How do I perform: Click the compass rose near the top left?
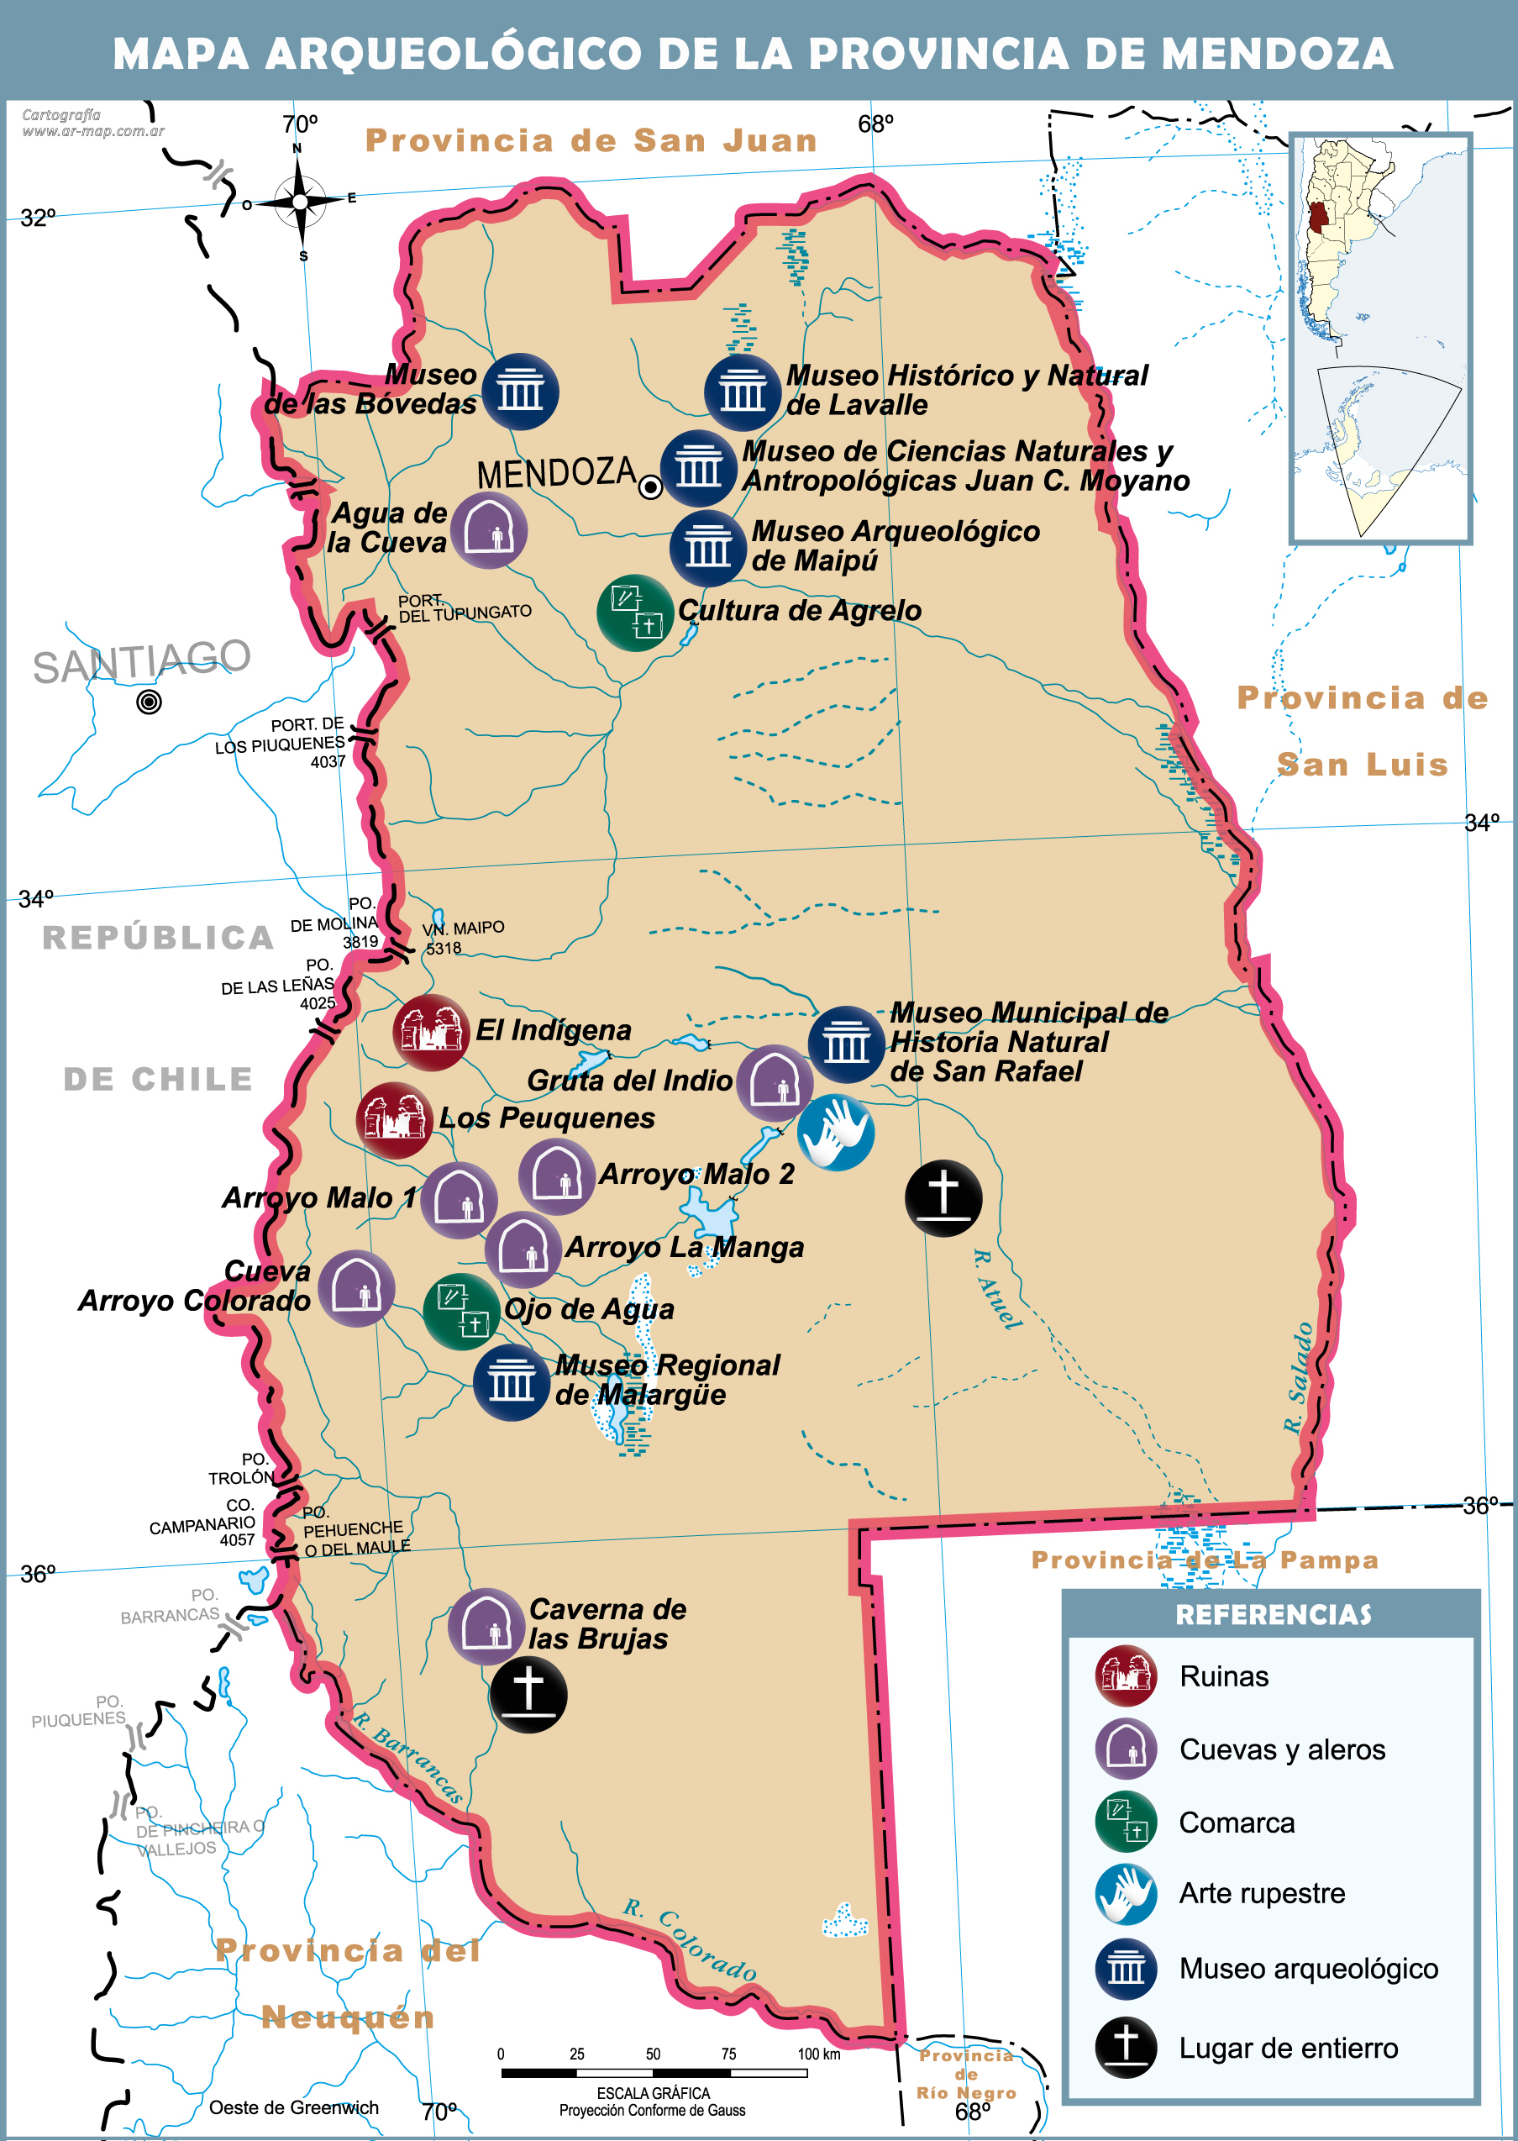(x=299, y=201)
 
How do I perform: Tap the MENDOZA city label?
(x=556, y=473)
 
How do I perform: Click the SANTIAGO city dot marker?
(x=149, y=701)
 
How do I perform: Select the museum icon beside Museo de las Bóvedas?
(x=521, y=392)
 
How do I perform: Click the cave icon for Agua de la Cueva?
(x=489, y=531)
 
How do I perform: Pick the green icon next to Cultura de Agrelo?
(x=636, y=613)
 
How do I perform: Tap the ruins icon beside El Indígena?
(x=431, y=1032)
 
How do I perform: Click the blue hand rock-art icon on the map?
(x=836, y=1132)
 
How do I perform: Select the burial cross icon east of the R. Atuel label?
(x=943, y=1198)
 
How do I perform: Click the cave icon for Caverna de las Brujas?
(x=486, y=1626)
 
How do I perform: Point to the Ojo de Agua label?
(x=589, y=1309)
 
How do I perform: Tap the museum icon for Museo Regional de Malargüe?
(x=512, y=1382)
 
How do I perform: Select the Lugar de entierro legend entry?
(x=1287, y=2049)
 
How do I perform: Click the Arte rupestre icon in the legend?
(x=1126, y=1894)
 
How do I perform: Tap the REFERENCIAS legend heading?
(x=1272, y=1615)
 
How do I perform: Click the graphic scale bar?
(x=654, y=2073)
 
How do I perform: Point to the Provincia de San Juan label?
(x=591, y=140)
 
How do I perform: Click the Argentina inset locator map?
(x=1379, y=339)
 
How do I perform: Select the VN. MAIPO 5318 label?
(x=463, y=937)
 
